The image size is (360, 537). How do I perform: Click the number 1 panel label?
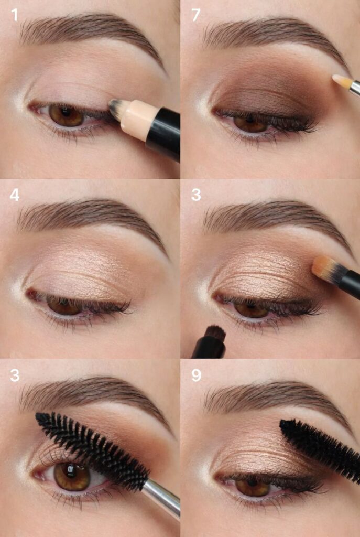pos(14,15)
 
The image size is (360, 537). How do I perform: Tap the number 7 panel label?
pos(195,15)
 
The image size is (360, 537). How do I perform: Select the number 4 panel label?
pos(14,195)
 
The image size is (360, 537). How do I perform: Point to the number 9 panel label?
pos(196,375)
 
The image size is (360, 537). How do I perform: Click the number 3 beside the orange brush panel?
pos(196,195)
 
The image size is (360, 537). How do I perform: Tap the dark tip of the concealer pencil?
pos(114,109)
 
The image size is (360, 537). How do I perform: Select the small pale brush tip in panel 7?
pos(342,81)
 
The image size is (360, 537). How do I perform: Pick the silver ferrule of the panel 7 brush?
pos(355,88)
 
